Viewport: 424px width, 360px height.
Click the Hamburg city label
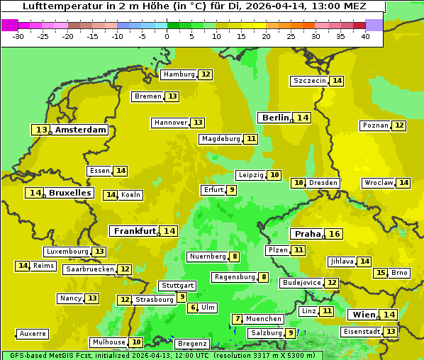[x=179, y=74]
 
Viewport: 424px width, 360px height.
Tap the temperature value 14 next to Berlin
[x=303, y=118]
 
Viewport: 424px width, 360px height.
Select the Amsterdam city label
[x=81, y=130]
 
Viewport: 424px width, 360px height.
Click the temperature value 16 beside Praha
[x=335, y=234]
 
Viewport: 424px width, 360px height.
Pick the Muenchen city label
[x=264, y=319]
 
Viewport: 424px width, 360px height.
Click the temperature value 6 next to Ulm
[x=193, y=308]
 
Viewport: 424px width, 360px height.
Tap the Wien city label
[x=363, y=315]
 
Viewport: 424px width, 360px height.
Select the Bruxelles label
[x=69, y=193]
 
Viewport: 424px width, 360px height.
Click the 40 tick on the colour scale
[x=365, y=35]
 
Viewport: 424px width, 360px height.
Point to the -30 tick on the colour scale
[x=18, y=35]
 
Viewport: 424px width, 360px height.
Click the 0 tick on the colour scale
[x=167, y=35]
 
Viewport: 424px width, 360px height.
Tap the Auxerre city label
[x=33, y=334]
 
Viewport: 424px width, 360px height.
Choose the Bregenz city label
[x=191, y=344]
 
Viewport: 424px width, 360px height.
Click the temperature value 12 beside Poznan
[x=399, y=125]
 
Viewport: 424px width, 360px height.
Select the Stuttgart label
[x=177, y=286]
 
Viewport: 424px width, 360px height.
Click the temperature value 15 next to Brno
[x=381, y=273]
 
